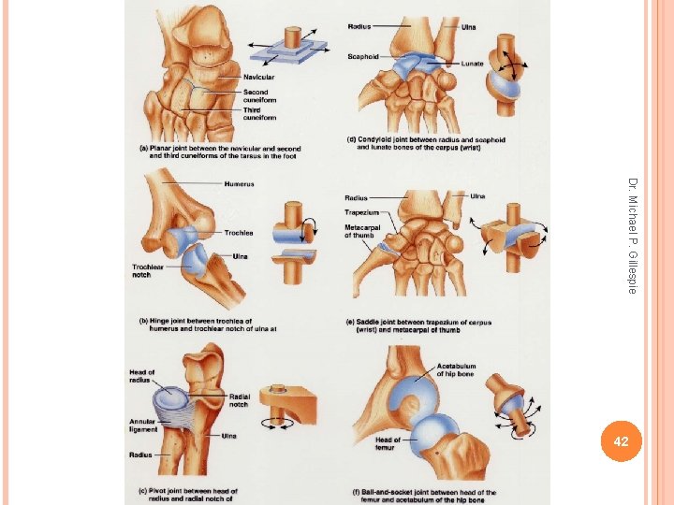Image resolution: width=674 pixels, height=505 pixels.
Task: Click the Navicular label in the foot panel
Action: [x=258, y=77]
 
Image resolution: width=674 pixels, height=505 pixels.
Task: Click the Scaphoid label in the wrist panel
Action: [x=363, y=56]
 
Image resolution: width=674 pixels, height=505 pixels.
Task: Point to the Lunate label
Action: [x=472, y=64]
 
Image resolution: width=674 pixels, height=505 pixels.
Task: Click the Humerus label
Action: [x=239, y=184]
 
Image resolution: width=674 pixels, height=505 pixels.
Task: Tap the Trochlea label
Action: [x=238, y=233]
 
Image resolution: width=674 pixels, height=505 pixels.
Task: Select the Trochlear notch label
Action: [x=148, y=271]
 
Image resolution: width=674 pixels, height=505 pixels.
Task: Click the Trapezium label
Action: [x=361, y=212]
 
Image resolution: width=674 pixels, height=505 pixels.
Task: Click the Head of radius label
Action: [x=141, y=378]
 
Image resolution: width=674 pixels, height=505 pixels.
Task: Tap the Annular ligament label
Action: [x=142, y=426]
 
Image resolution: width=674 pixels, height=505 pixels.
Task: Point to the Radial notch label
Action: [x=241, y=399]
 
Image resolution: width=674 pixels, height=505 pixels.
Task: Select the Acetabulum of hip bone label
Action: [x=456, y=370]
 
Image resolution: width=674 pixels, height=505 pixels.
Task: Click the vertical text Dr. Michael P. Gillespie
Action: [x=632, y=235]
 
